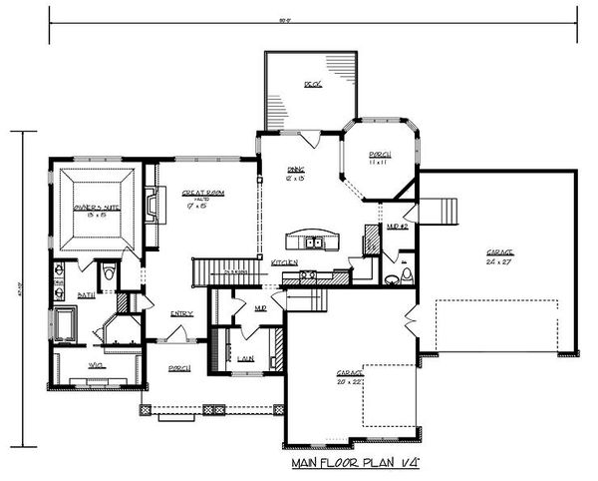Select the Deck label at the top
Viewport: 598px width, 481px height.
[x=312, y=86]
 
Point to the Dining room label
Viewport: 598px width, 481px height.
[x=296, y=174]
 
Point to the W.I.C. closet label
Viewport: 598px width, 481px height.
[x=97, y=366]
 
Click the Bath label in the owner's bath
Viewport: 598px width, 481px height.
[x=87, y=295]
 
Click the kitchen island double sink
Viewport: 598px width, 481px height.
[x=314, y=241]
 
